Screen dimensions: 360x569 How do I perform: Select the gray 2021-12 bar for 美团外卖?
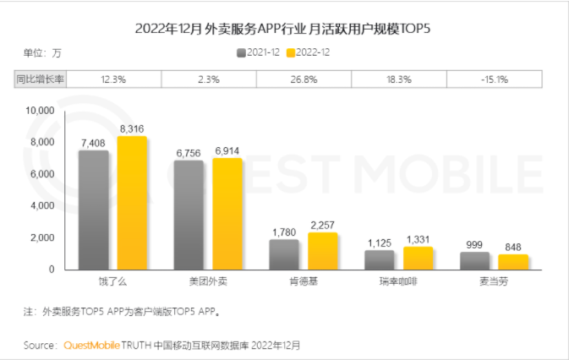188,215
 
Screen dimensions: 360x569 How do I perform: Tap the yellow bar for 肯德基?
322,251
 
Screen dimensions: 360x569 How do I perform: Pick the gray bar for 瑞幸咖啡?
379,259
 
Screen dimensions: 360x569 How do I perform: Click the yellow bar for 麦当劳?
513,262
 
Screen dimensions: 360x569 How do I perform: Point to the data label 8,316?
131,128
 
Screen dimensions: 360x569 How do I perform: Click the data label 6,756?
188,153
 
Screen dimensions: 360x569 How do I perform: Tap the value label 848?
513,247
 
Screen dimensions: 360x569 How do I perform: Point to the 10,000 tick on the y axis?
40,111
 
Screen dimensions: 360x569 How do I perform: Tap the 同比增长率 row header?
41,79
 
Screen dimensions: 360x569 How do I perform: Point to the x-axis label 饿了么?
112,280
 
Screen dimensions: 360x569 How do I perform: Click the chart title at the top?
284,28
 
